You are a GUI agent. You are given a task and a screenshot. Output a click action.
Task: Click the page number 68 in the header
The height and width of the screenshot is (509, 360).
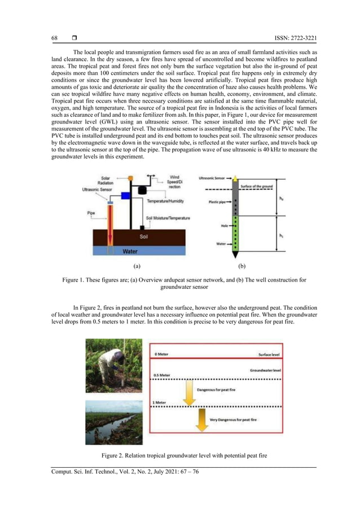coord(54,38)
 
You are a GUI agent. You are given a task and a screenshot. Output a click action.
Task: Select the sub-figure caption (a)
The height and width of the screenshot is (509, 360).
coord(136,265)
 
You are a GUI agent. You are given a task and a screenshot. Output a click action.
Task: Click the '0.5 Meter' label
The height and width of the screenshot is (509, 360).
coord(162,375)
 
